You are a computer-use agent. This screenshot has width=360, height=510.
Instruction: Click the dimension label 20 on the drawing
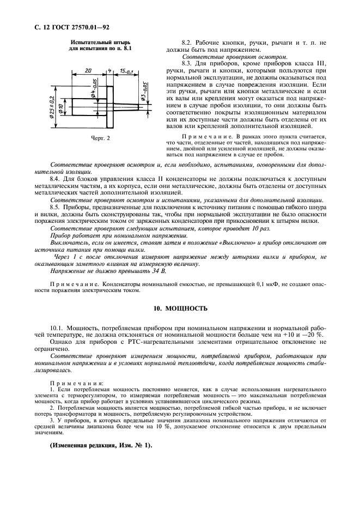point(88,70)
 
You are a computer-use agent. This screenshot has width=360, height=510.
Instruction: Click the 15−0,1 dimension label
point(127,70)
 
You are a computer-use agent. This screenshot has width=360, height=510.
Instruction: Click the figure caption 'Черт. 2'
point(100,138)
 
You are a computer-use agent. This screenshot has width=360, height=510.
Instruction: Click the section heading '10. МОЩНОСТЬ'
point(180,308)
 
